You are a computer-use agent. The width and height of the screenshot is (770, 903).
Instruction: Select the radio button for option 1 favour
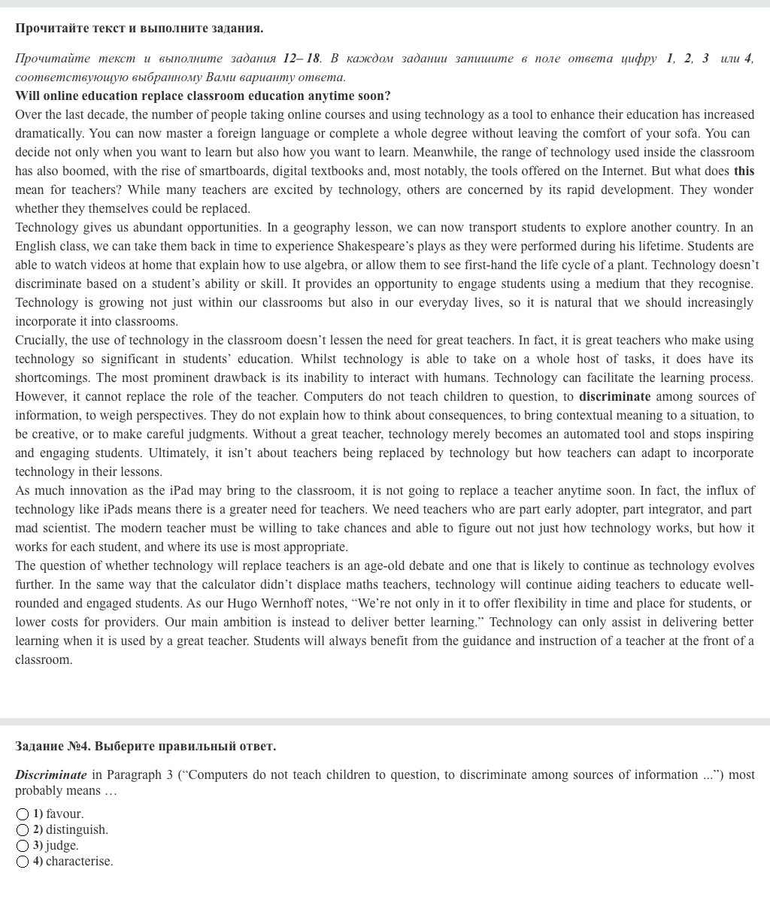[x=23, y=814]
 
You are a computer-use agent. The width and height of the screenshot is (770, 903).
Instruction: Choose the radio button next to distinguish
[x=23, y=830]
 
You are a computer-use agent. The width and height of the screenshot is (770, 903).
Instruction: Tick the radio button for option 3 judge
[x=23, y=846]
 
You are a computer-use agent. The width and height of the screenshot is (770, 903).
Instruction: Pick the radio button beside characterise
[x=23, y=862]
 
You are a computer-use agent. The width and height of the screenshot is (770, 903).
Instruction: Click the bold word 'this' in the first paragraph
[x=744, y=171]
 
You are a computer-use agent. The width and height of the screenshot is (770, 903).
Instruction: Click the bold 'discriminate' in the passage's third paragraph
[x=614, y=397]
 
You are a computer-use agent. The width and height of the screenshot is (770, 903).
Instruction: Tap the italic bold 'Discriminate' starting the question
[x=51, y=775]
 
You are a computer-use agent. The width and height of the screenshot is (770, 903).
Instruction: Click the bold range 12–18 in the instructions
[x=302, y=59]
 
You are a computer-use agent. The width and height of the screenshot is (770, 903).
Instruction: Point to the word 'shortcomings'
[x=52, y=378]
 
